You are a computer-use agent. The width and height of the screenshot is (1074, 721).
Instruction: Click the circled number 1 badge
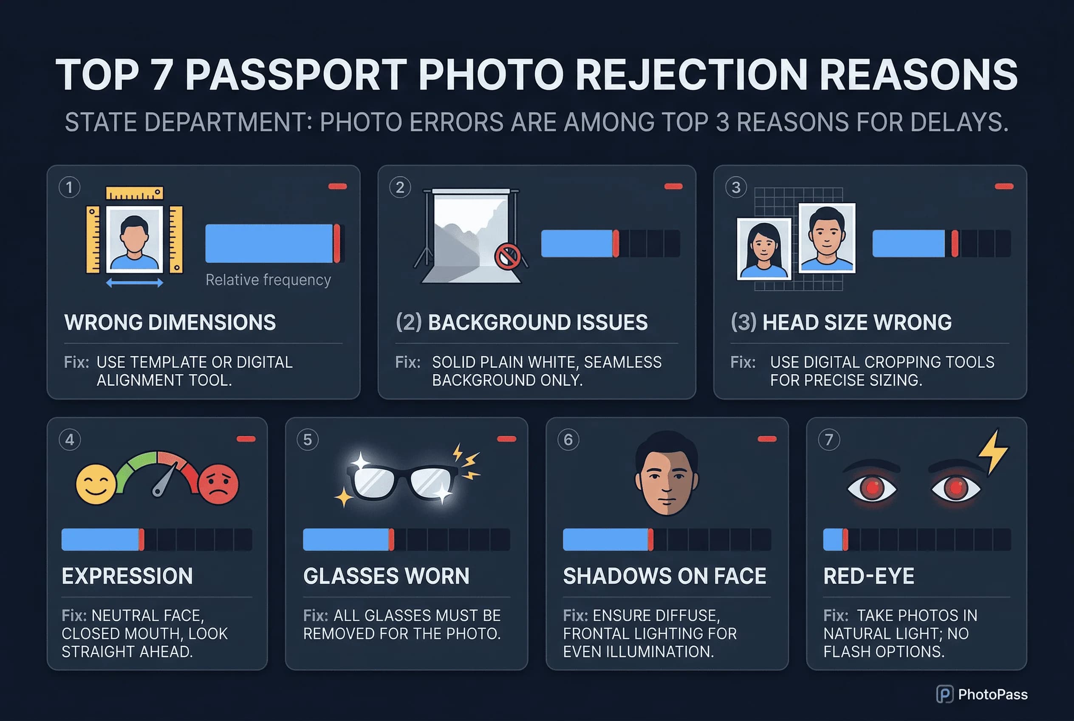tap(69, 187)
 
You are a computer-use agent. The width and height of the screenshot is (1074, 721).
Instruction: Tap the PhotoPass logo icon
tap(944, 694)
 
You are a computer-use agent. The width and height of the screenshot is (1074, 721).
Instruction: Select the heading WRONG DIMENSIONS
tap(170, 322)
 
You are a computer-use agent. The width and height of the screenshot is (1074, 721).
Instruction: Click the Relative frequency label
tap(268, 280)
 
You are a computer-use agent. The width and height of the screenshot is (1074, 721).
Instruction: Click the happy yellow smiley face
tap(96, 484)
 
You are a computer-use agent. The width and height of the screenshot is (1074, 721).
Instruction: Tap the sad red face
tap(219, 484)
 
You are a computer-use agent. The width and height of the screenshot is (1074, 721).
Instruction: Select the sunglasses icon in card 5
tap(403, 480)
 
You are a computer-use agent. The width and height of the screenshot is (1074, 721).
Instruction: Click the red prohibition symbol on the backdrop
tap(507, 256)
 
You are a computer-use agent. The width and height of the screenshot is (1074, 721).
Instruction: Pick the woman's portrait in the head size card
tap(763, 249)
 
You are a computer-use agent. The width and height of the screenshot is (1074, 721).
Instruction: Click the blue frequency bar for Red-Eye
tap(833, 539)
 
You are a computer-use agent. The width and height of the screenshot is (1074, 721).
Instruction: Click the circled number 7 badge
tap(829, 440)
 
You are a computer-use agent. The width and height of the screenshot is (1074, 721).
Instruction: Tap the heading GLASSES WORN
tap(386, 576)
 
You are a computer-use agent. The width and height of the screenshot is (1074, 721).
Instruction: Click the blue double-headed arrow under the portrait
tap(134, 283)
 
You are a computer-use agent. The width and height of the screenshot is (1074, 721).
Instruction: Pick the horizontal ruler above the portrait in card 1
tap(134, 193)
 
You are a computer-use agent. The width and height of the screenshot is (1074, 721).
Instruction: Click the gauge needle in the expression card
tap(165, 480)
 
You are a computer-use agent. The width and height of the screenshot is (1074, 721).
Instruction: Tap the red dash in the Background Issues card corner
tap(673, 186)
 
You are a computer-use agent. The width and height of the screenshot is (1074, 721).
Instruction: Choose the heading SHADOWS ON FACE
tap(664, 576)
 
